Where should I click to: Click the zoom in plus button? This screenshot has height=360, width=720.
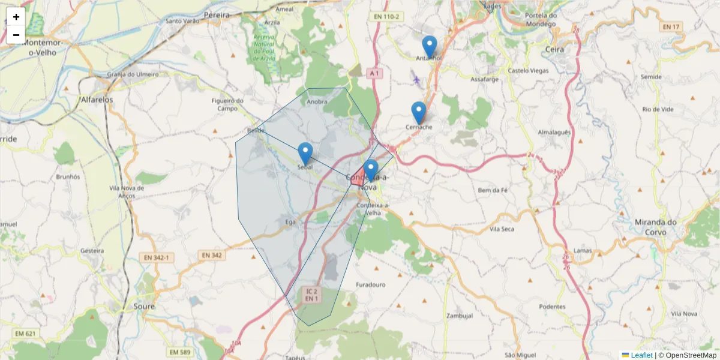click(x=16, y=17)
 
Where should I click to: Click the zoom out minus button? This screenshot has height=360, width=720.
click(x=16, y=35)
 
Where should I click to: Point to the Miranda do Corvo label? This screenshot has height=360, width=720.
click(x=655, y=226)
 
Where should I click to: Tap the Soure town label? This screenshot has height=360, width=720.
click(x=144, y=306)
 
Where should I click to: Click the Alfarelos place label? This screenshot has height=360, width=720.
click(x=97, y=100)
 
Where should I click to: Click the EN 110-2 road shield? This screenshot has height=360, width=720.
click(x=385, y=17)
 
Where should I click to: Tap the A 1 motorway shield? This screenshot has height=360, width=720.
click(x=374, y=73)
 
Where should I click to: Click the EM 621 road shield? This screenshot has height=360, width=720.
click(x=26, y=334)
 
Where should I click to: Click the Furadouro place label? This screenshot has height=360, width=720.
click(x=370, y=284)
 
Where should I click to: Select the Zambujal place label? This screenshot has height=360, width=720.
click(x=460, y=316)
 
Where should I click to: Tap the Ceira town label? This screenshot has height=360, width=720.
click(x=555, y=49)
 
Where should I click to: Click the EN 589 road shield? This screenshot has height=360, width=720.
click(x=180, y=352)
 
